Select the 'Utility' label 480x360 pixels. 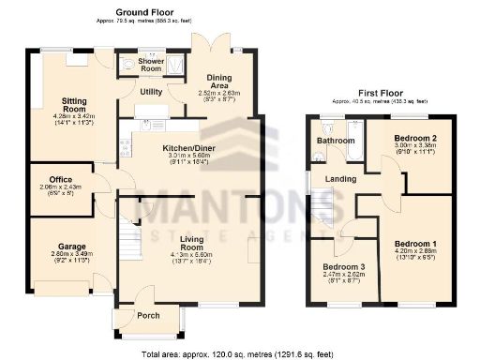click(151, 92)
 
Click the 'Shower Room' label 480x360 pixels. click(152, 66)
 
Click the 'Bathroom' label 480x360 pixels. click(336, 142)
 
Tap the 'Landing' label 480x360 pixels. click(338, 178)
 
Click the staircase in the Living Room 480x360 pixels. click(129, 246)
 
